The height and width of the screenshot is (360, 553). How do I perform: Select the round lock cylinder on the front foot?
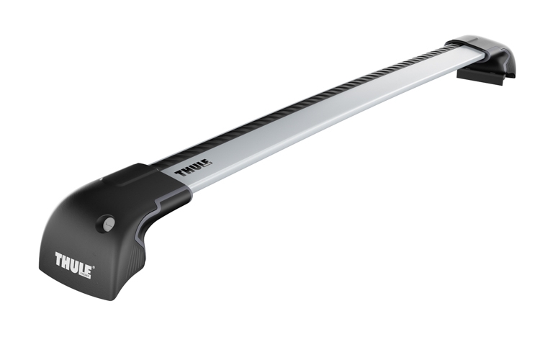pyautogui.click(x=109, y=222)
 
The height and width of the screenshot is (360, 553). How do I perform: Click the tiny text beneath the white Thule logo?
pyautogui.click(x=85, y=274)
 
